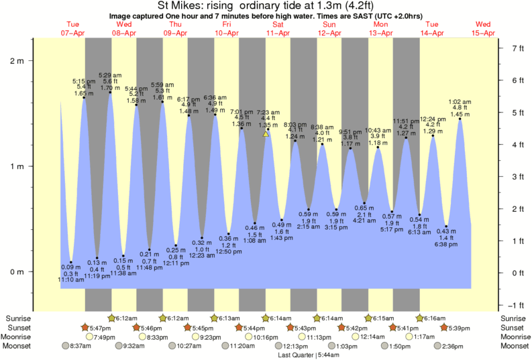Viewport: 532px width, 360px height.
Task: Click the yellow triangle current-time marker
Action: pos(266,134)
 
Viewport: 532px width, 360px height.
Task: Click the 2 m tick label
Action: pos(16,60)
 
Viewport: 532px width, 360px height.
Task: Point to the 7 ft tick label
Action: pos(517,48)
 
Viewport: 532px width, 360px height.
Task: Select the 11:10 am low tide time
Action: pos(70,280)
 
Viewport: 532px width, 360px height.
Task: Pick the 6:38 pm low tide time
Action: pos(447,246)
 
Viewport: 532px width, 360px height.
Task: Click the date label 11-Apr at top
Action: pos(277,32)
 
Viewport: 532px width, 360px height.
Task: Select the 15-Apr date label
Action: pos(483,32)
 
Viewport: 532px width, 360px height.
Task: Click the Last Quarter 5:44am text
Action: pos(304,355)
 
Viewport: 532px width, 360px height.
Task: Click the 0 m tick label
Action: pos(16,272)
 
